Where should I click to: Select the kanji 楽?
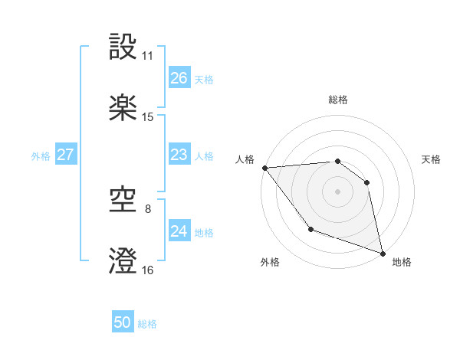(123, 108)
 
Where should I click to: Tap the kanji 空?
(123, 201)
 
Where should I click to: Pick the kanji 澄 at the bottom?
(123, 261)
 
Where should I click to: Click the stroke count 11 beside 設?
(147, 57)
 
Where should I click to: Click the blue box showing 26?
(179, 78)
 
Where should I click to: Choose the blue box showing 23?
(179, 155)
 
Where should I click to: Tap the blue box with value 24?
(179, 231)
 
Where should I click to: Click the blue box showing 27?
(65, 155)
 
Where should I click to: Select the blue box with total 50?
(123, 322)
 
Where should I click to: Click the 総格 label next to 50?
(148, 324)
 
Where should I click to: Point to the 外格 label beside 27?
(41, 155)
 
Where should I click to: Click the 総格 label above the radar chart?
(338, 100)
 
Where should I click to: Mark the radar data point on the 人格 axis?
(264, 168)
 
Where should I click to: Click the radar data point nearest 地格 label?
(382, 252)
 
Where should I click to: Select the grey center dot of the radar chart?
(337, 191)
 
